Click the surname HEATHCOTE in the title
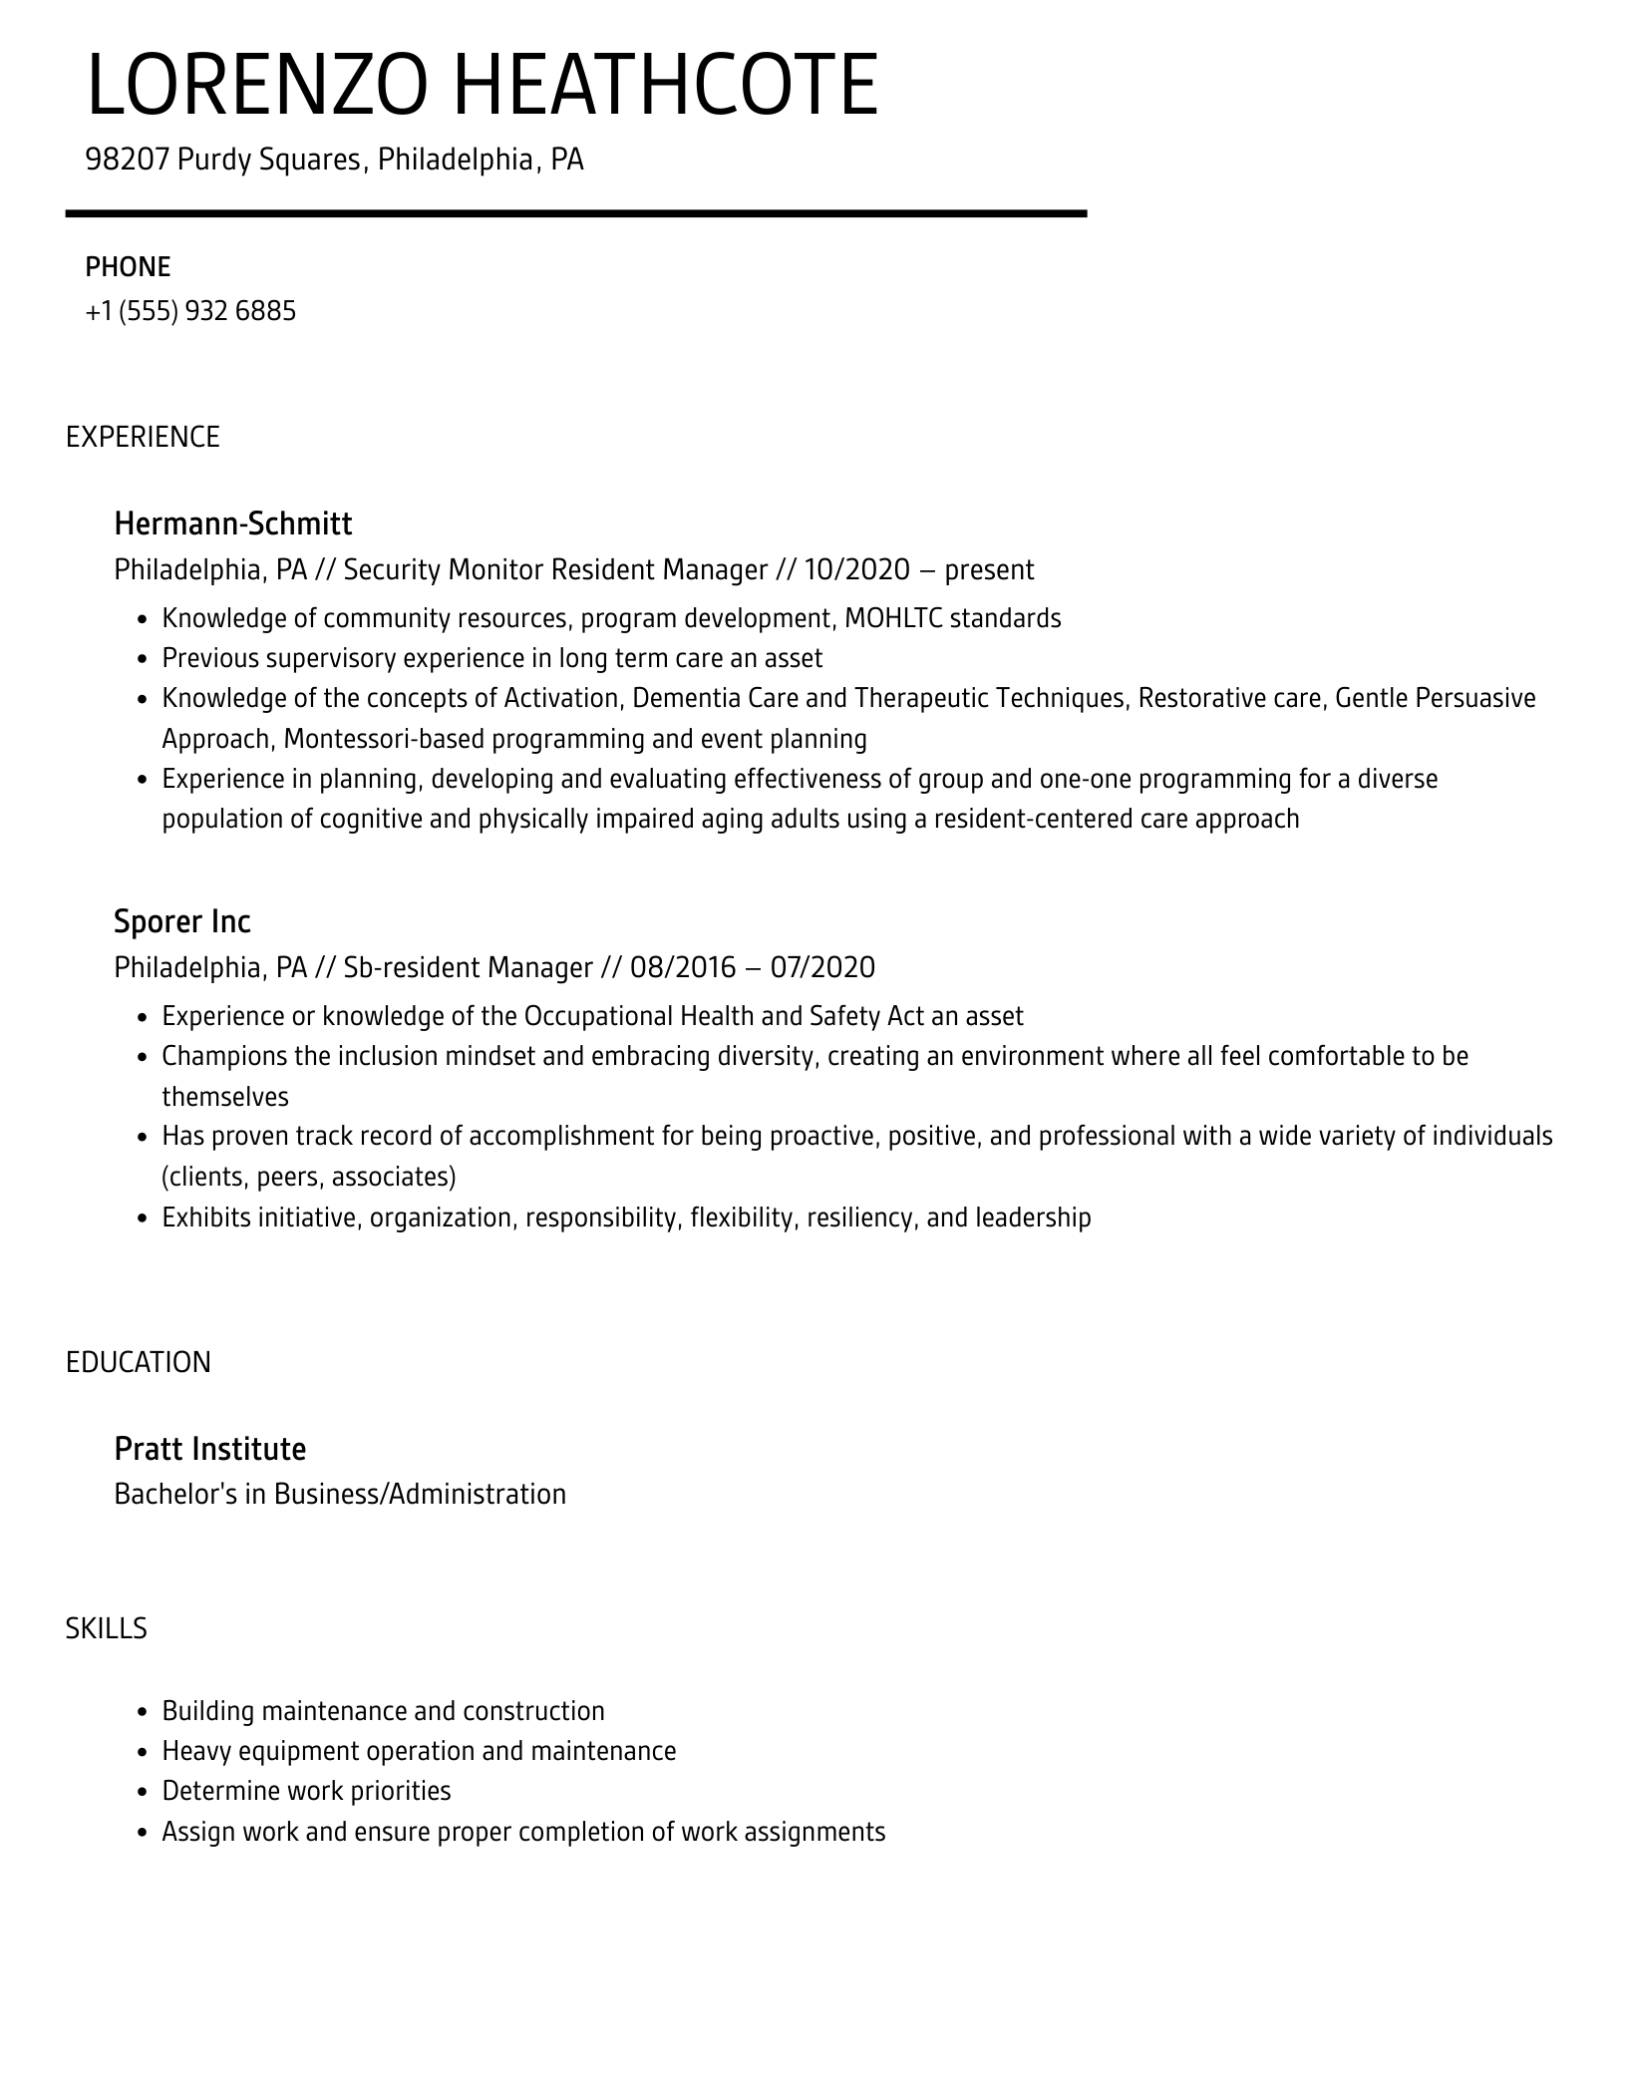pyautogui.click(x=666, y=86)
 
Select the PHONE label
pyautogui.click(x=128, y=266)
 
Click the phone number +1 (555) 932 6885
pyautogui.click(x=190, y=311)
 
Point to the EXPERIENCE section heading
pyautogui.click(x=143, y=437)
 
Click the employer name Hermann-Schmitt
pyautogui.click(x=232, y=523)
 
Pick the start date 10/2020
pyautogui.click(x=856, y=569)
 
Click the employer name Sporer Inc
pyautogui.click(x=181, y=920)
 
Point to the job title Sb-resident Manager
pyautogui.click(x=468, y=967)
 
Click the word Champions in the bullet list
pyautogui.click(x=224, y=1056)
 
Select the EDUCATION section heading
pyautogui.click(x=139, y=1362)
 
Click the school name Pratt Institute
pyautogui.click(x=209, y=1448)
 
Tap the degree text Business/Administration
pyautogui.click(x=420, y=1494)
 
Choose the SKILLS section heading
pyautogui.click(x=107, y=1628)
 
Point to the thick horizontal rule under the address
pyautogui.click(x=575, y=213)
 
